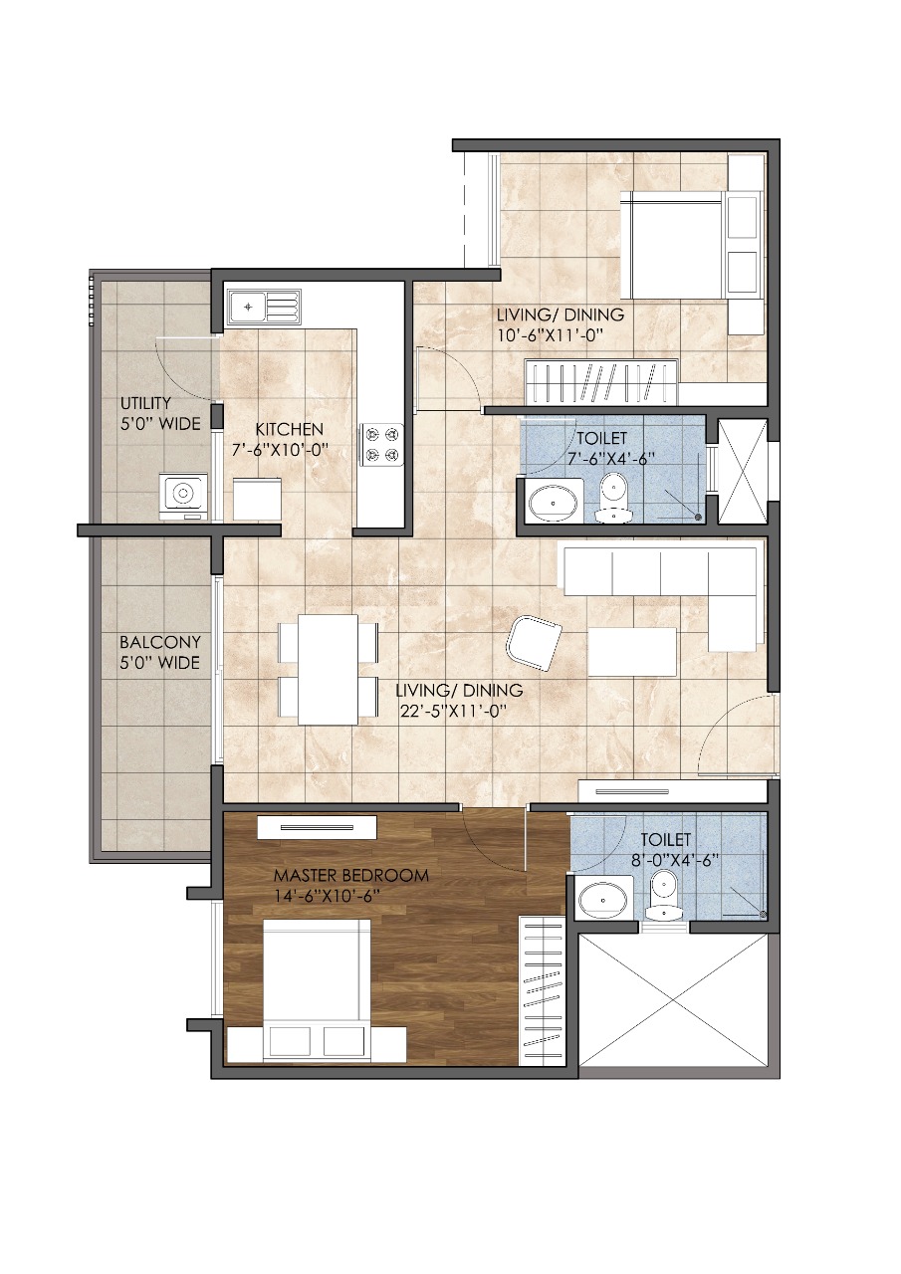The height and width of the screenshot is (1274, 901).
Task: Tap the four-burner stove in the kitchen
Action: tap(381, 444)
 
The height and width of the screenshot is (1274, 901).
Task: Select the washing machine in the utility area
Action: tap(183, 496)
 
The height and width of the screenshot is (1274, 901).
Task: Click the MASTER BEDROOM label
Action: tap(351, 875)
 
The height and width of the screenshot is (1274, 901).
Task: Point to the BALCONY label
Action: tap(160, 643)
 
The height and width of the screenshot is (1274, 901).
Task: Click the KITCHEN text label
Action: tap(289, 429)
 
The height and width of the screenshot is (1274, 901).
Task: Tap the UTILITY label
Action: tap(145, 403)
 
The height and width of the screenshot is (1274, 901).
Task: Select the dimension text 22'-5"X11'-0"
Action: tap(453, 712)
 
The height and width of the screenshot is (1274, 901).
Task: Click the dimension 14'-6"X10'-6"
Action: tap(328, 896)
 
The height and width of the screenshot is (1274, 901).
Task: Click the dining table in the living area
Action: tap(328, 670)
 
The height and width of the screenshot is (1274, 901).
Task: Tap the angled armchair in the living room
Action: tap(534, 643)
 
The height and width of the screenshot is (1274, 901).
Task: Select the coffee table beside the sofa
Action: tap(632, 652)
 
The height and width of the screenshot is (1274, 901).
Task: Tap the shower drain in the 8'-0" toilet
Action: tap(763, 914)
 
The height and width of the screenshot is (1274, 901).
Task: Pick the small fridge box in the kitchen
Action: tap(257, 499)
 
